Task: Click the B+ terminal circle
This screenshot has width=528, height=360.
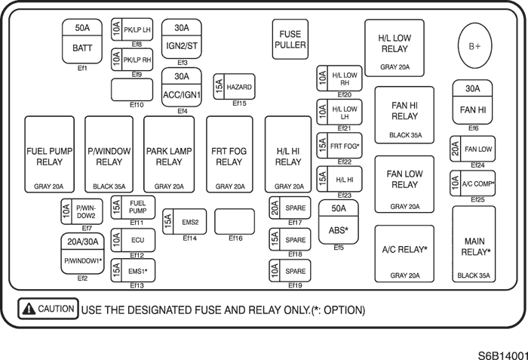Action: pos(474,46)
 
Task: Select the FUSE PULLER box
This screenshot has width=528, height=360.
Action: pos(290,39)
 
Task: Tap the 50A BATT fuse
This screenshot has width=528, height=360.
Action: pos(82,39)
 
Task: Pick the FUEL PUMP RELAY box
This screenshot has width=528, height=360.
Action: pos(49,156)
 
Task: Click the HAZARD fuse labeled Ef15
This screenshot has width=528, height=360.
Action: pos(234,88)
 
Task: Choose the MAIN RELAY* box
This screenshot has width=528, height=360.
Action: pos(474,245)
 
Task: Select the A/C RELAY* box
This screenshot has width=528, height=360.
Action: pos(404,254)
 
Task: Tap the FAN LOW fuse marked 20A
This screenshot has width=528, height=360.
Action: pos(473,149)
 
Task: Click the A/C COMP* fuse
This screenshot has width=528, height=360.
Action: pos(473,183)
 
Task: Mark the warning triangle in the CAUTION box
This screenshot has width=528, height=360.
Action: pos(29,309)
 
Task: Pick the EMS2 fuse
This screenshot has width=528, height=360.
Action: pos(184,222)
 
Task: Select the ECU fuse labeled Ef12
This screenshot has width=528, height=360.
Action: pos(133,240)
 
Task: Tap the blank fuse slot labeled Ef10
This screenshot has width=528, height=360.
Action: pos(133,90)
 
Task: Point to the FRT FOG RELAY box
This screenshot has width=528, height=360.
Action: pos(229,156)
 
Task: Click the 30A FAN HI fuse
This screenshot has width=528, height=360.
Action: pos(473,102)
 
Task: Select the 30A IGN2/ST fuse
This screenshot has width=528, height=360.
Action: pos(182,39)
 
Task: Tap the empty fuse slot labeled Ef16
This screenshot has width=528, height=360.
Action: pos(234,222)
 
